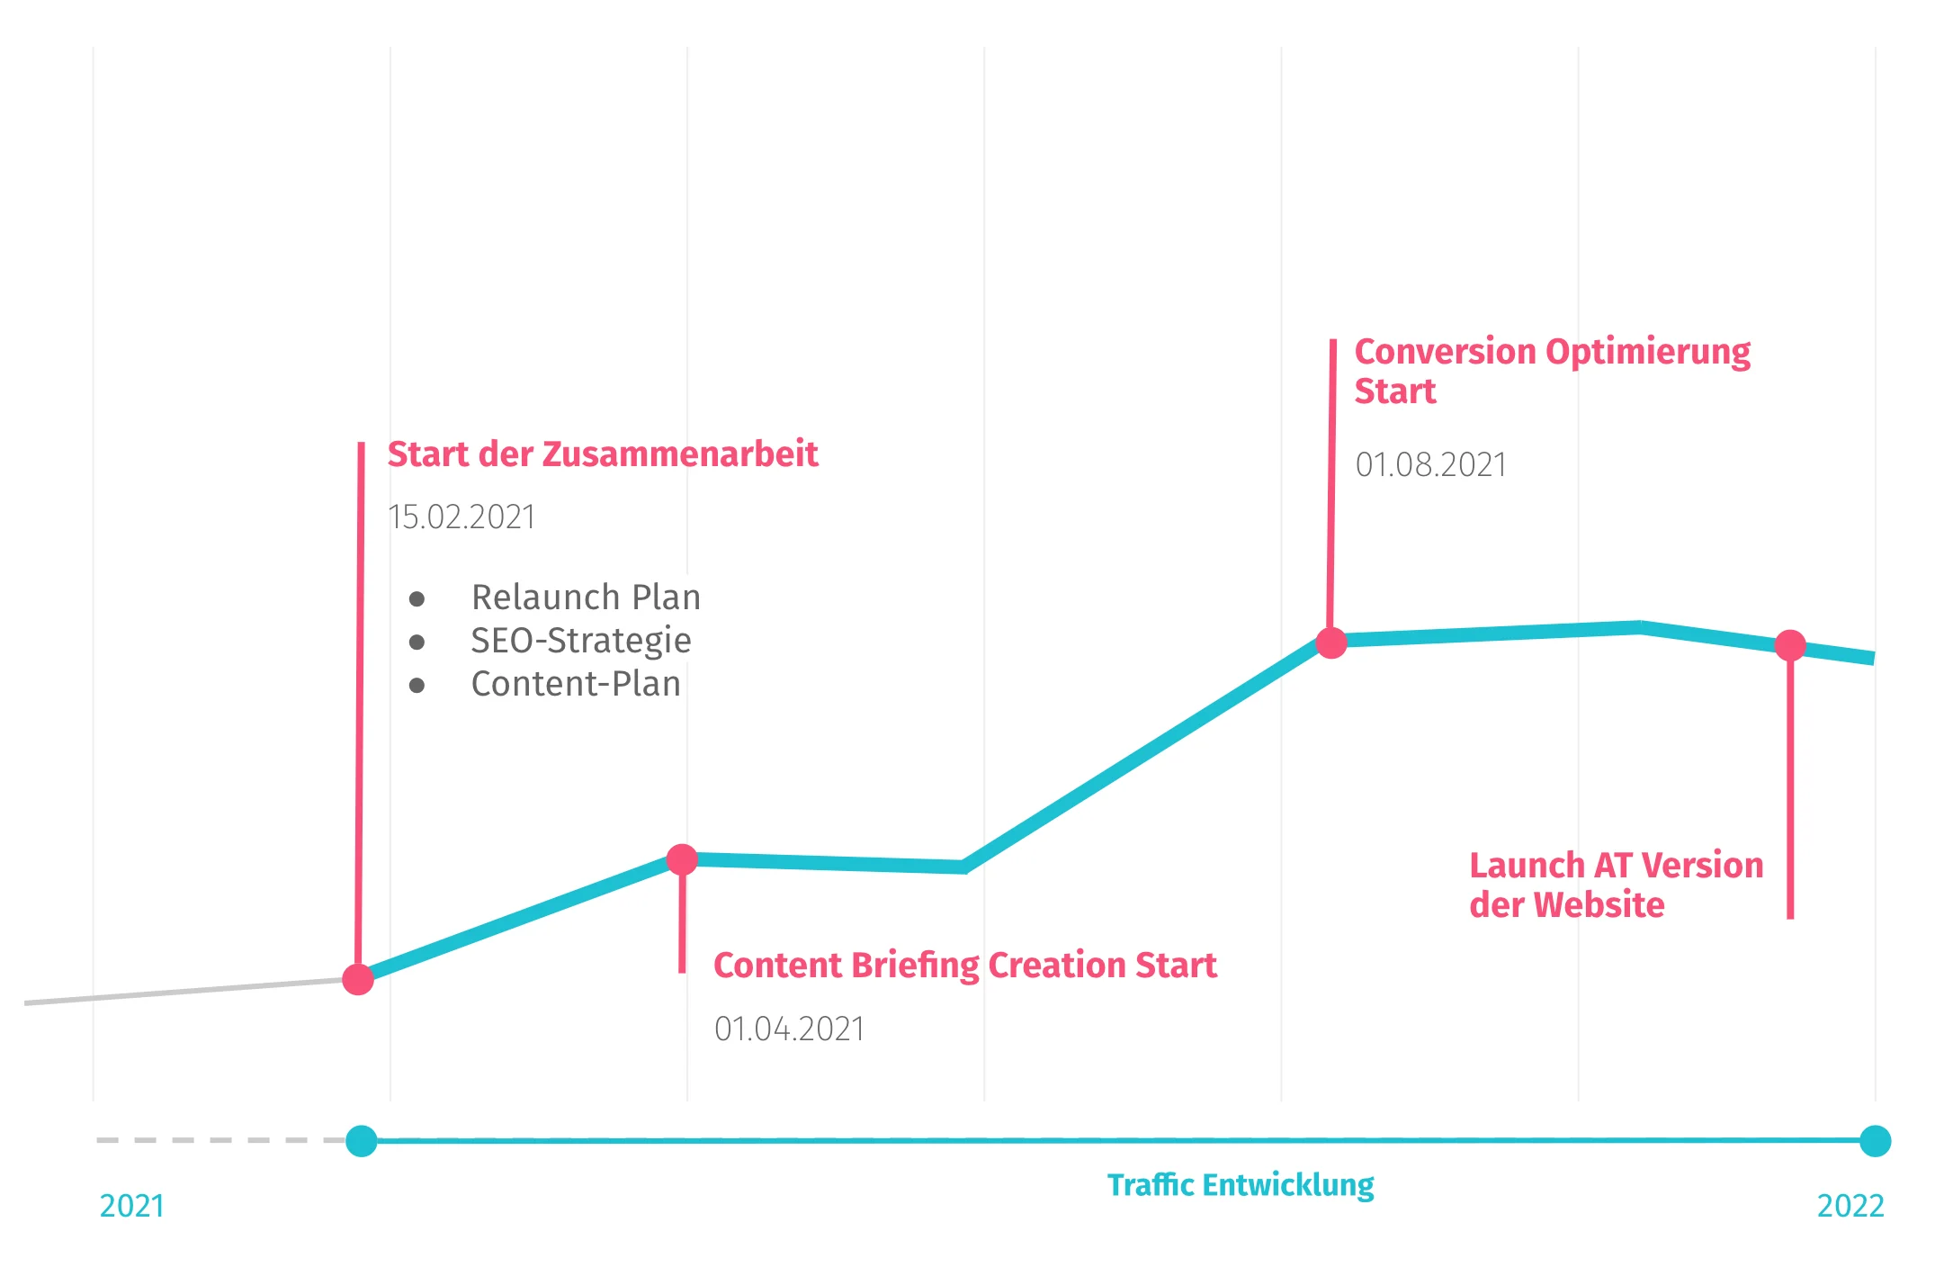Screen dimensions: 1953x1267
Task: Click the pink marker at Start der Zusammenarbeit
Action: [x=358, y=979]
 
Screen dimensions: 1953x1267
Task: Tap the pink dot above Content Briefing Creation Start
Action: [x=682, y=859]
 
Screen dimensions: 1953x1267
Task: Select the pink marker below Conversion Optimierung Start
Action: [x=1331, y=642]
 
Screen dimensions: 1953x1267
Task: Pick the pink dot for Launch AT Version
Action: [x=1790, y=645]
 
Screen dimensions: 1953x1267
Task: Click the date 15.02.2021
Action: [x=461, y=517]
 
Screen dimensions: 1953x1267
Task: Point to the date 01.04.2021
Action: [x=789, y=1029]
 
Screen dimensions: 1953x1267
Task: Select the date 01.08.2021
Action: [x=1430, y=465]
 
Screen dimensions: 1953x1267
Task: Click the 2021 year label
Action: [x=132, y=1206]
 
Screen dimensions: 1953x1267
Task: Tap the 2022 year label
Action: [x=1850, y=1206]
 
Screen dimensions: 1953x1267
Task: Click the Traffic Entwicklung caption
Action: [x=1241, y=1185]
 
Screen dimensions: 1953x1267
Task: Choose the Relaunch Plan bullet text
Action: [x=586, y=598]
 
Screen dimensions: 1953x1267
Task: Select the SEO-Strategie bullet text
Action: [x=581, y=641]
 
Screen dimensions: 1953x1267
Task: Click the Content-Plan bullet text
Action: [x=576, y=684]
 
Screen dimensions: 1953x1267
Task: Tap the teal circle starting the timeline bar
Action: [x=362, y=1141]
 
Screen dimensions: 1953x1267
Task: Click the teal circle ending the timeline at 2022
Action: [x=1875, y=1141]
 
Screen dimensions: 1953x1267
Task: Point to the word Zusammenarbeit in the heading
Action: [x=680, y=454]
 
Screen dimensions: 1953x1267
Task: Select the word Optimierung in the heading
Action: [x=1647, y=352]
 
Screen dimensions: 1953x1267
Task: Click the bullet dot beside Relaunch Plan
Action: [x=417, y=599]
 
